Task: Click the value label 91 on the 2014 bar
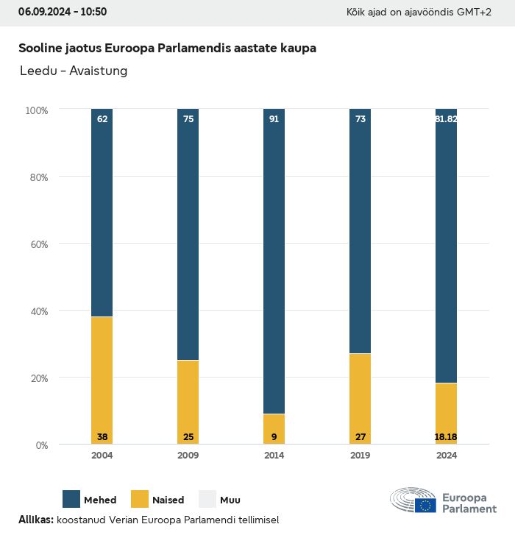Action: click(x=274, y=118)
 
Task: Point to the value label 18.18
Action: click(x=446, y=437)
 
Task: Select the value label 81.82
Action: click(x=446, y=118)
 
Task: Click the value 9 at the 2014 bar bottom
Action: click(x=274, y=437)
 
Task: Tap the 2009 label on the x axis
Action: click(x=188, y=456)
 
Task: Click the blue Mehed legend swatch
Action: click(x=71, y=499)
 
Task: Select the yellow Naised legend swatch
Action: click(x=140, y=499)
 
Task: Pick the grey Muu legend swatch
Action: click(x=207, y=499)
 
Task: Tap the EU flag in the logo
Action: click(x=425, y=506)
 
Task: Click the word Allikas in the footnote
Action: click(x=35, y=520)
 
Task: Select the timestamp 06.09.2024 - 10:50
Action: click(x=63, y=12)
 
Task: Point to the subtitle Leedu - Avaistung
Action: click(x=73, y=71)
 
